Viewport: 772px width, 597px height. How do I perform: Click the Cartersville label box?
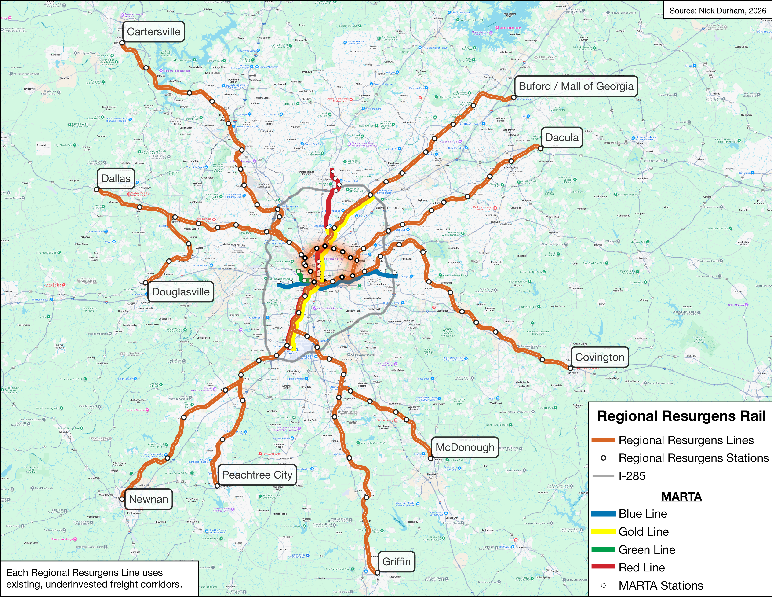tap(153, 32)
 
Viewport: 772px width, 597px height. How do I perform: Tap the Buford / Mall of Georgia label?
tap(576, 86)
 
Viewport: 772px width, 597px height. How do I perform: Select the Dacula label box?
tap(562, 138)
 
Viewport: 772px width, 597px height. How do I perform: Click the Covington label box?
tap(600, 357)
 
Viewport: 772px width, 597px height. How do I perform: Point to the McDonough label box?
tap(464, 447)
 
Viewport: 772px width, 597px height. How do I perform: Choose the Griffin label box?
tap(396, 562)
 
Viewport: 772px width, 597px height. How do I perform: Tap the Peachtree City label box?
tap(257, 475)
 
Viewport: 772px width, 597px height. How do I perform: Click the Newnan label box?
tap(149, 499)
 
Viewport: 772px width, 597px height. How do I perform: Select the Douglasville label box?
tap(181, 292)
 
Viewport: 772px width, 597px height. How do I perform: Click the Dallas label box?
tap(116, 179)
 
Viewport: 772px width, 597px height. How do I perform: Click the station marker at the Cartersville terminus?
tap(122, 43)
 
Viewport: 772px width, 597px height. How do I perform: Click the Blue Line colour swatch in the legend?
tap(603, 514)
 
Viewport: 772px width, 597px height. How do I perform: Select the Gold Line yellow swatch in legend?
tap(603, 532)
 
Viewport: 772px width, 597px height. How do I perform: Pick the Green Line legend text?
tap(647, 550)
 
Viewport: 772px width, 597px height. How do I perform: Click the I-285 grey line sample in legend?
tap(603, 476)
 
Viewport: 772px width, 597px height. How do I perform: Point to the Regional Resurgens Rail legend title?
tap(681, 416)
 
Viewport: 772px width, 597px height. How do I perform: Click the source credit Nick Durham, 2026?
tap(717, 11)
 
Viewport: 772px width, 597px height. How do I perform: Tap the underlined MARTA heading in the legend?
tap(681, 497)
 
